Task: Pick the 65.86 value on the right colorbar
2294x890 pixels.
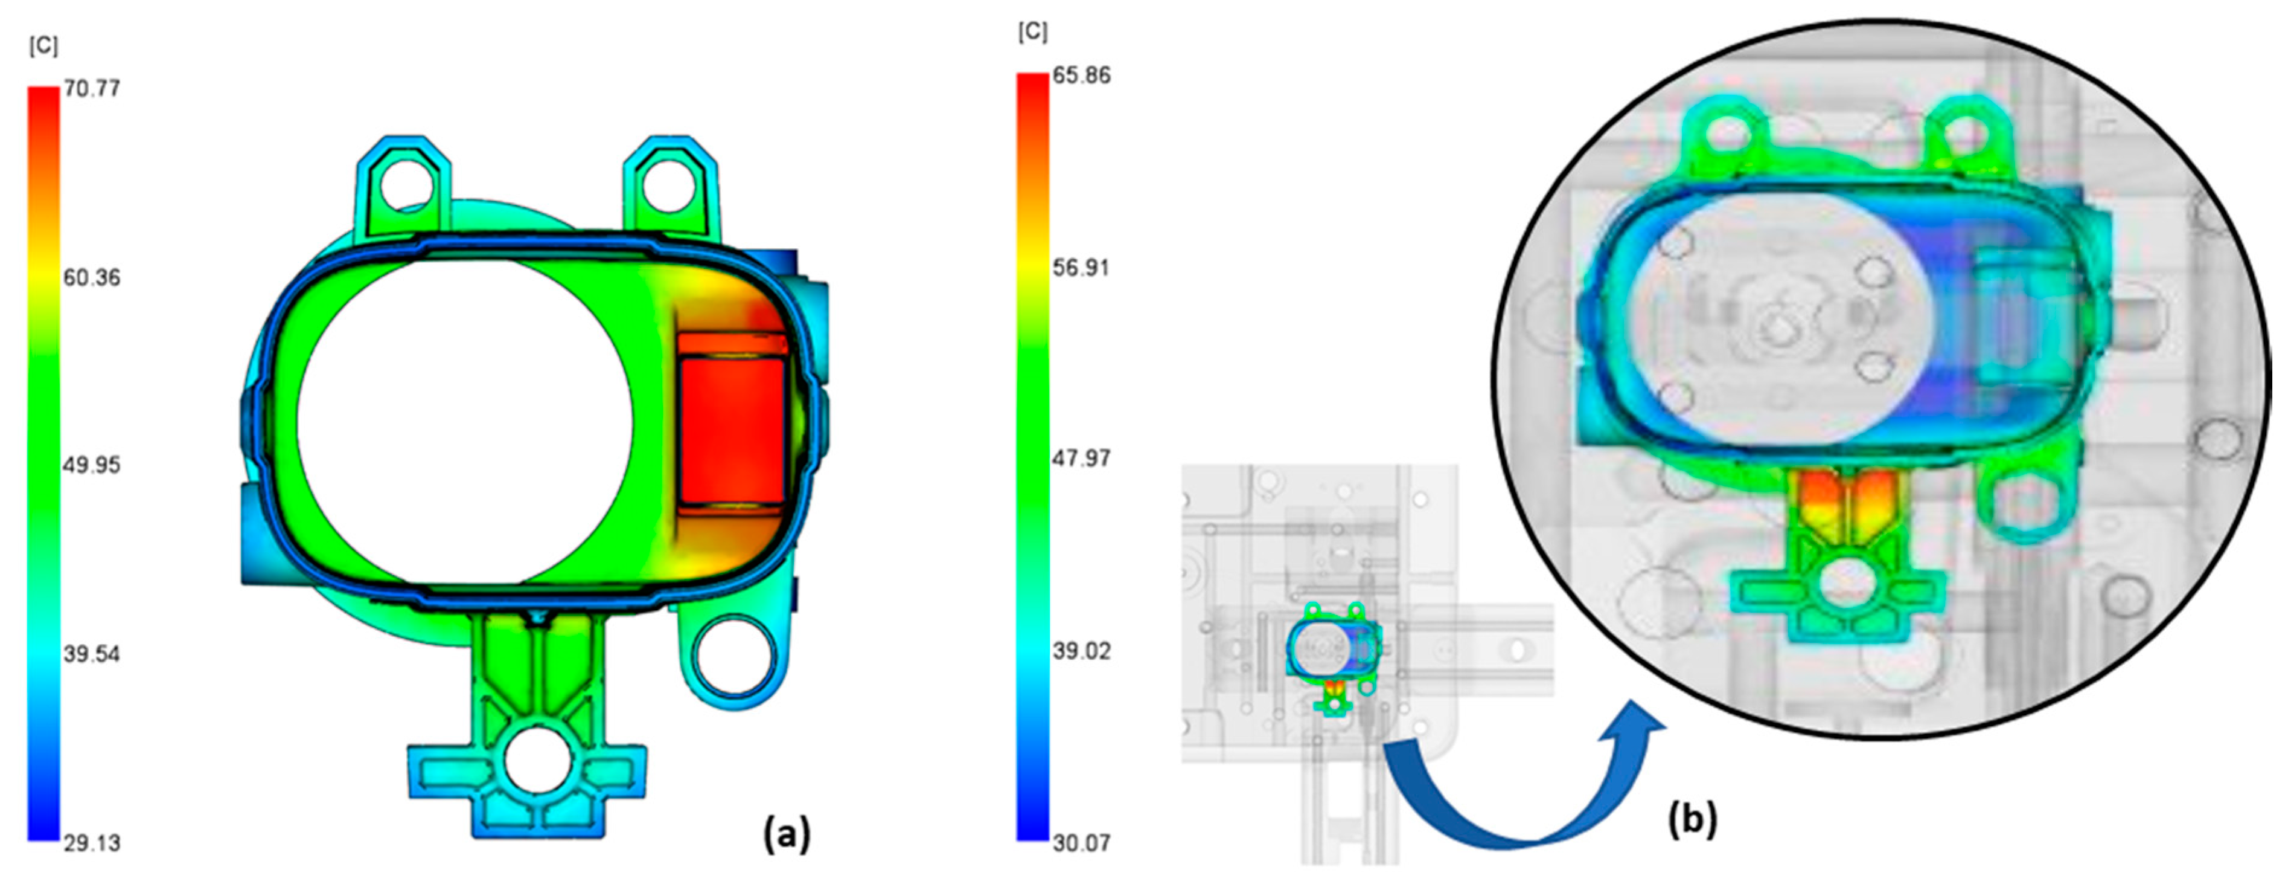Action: (x=1081, y=75)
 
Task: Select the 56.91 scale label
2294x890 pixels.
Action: (x=1081, y=267)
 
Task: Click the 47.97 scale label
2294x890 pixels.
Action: (x=1081, y=458)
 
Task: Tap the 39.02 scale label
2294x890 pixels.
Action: (x=1081, y=650)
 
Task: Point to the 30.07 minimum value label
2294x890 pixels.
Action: (x=1081, y=842)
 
